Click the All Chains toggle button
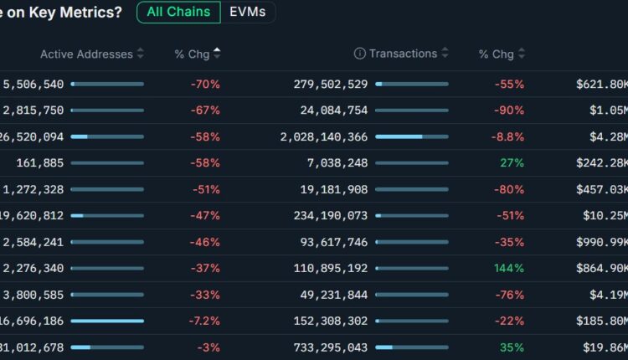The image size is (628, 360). pos(178,13)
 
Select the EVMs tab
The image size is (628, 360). pos(248,13)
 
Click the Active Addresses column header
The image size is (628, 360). pos(86,54)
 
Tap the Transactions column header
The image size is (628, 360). pos(403,54)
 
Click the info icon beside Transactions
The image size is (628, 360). pos(359,54)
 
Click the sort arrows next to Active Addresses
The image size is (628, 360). pos(140,54)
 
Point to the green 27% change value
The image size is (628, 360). pos(512,162)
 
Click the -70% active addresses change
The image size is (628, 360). pos(205,84)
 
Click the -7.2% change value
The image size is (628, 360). pos(203,321)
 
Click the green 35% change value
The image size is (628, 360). pos(512,347)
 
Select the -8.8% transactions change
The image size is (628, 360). pos(507,136)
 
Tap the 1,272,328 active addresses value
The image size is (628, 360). pos(33,189)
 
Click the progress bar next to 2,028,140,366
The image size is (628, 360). pos(411,136)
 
